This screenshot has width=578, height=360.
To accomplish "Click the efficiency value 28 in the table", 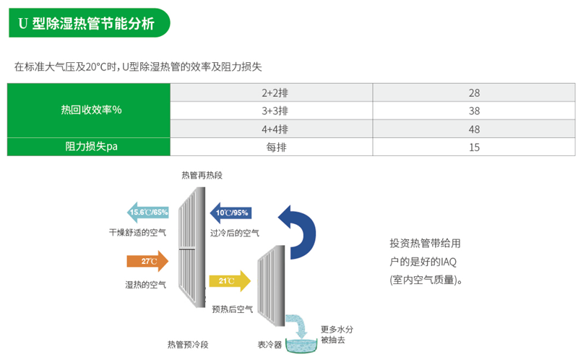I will [x=474, y=93].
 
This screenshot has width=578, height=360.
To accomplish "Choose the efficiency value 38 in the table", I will [x=474, y=111].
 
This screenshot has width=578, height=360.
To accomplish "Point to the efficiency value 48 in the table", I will [x=474, y=129].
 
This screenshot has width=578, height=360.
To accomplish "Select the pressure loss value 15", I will [x=474, y=147].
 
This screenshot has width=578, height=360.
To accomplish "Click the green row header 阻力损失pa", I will [x=90, y=147].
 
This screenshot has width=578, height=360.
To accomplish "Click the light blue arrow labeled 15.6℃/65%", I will [x=147, y=213].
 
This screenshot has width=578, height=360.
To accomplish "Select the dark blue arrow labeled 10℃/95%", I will [x=230, y=213].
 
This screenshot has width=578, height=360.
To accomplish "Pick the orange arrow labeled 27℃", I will [x=147, y=261].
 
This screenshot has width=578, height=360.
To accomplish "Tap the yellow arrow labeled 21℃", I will [x=229, y=280].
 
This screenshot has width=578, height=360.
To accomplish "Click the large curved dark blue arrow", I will [x=299, y=230].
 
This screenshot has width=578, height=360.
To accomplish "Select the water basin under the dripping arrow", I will [x=303, y=345].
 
